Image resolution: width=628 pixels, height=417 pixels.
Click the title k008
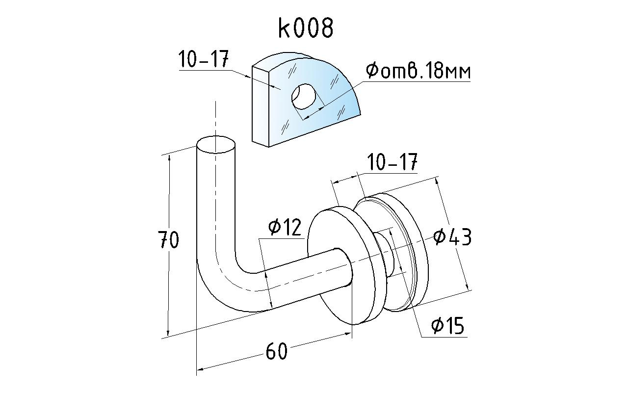(x=306, y=28)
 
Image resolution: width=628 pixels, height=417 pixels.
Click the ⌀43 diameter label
(x=452, y=237)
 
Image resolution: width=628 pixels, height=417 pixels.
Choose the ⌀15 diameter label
(x=447, y=325)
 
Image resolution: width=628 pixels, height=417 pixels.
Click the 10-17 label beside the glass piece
(x=203, y=60)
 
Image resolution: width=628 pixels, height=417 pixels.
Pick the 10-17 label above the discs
(x=392, y=162)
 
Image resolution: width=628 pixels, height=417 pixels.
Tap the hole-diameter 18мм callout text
(x=418, y=72)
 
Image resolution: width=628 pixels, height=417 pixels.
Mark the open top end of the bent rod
(x=215, y=145)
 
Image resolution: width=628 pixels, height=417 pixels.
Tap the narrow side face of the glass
(x=262, y=108)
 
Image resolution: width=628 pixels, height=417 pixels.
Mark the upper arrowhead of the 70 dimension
(x=169, y=157)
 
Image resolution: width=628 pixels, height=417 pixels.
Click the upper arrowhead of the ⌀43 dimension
(x=436, y=180)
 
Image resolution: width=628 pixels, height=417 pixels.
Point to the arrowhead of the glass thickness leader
(x=274, y=87)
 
